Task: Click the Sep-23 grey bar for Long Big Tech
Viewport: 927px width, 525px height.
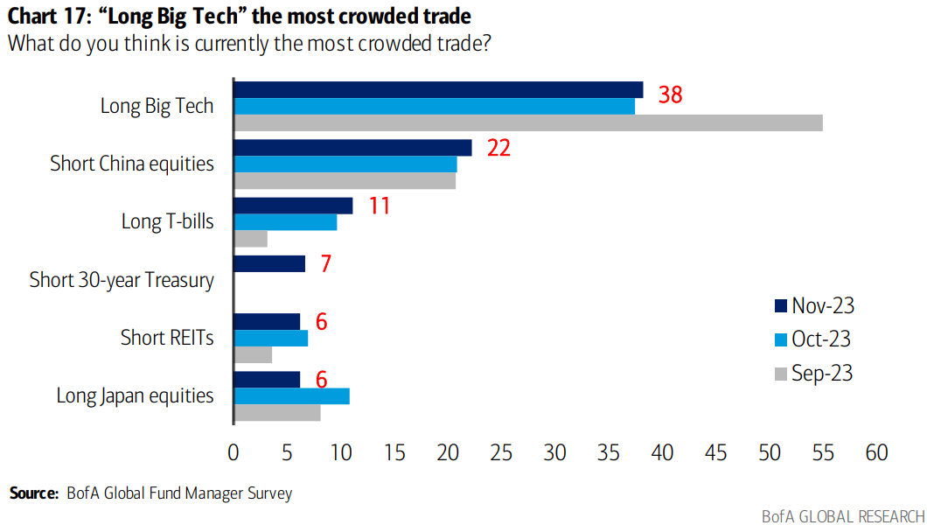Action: [x=528, y=122]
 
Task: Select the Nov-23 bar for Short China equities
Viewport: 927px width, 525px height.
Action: [x=352, y=148]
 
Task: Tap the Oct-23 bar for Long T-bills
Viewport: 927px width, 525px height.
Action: [x=285, y=222]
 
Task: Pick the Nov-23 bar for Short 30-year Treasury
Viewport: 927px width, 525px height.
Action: [x=269, y=263]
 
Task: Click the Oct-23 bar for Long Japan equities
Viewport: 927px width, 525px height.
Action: [x=291, y=395]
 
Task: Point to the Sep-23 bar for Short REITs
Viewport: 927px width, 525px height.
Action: [x=253, y=354]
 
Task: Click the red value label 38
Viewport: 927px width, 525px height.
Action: [x=670, y=94]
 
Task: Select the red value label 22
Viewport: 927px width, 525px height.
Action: [x=498, y=148]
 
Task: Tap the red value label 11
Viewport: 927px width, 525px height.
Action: [x=378, y=206]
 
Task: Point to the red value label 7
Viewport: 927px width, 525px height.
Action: [x=325, y=263]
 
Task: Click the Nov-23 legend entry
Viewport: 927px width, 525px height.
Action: [x=813, y=305]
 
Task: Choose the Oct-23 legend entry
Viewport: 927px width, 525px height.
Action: [x=813, y=339]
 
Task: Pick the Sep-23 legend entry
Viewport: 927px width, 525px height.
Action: [x=813, y=374]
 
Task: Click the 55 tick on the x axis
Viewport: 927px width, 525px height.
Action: [x=823, y=452]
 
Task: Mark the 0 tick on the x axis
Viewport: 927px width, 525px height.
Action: [x=233, y=452]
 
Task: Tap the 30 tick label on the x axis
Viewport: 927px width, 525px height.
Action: [x=554, y=452]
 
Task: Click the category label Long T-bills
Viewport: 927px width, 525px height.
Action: [x=167, y=221]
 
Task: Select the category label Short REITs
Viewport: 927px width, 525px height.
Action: [x=167, y=338]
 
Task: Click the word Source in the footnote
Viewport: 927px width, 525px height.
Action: [x=34, y=493]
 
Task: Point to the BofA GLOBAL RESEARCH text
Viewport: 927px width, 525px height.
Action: [x=840, y=515]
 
